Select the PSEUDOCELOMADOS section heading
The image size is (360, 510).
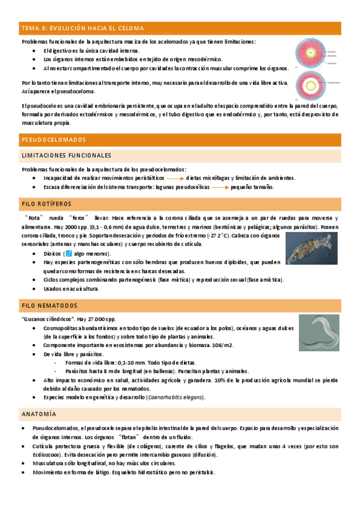(x=54, y=140)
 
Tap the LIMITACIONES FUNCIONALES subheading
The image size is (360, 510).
(x=66, y=155)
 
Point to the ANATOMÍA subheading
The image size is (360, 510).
(x=39, y=414)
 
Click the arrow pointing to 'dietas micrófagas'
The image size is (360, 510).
(x=175, y=179)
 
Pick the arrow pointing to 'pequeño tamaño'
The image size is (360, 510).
(x=220, y=187)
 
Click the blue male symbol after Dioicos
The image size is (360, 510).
(x=69, y=254)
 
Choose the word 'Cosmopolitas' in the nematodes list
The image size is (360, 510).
(x=61, y=328)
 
